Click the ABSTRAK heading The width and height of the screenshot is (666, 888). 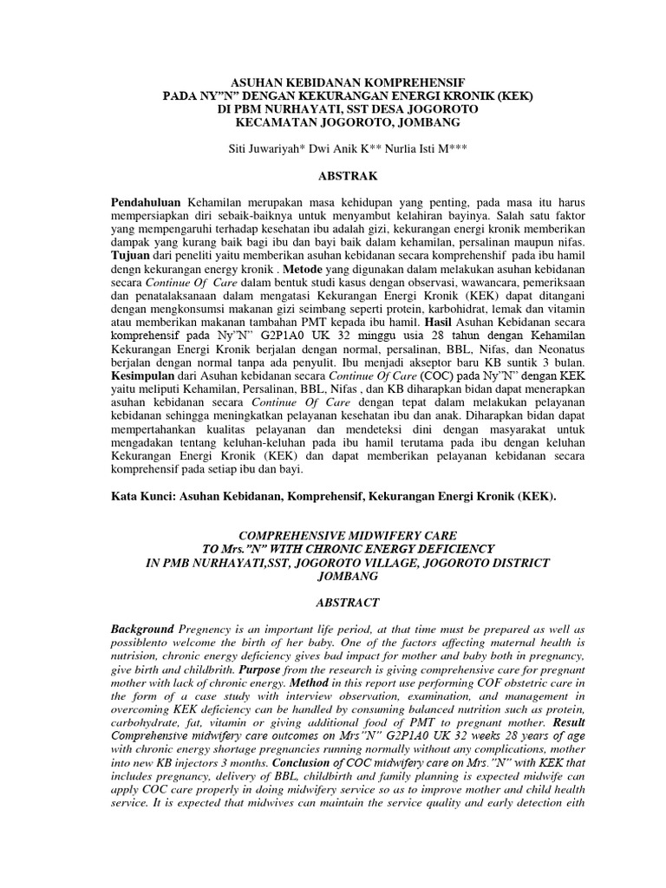click(x=351, y=176)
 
